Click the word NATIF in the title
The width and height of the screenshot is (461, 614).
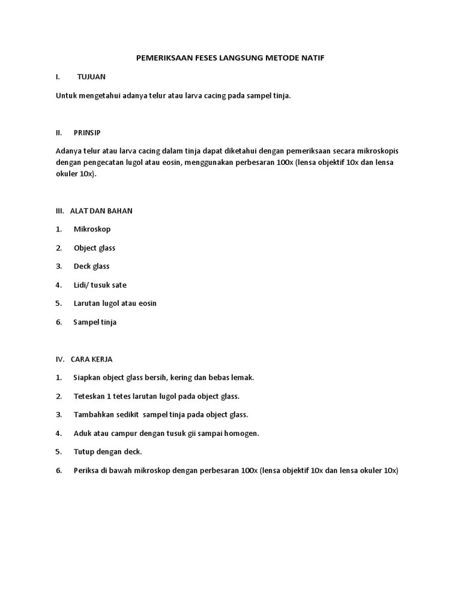click(313, 58)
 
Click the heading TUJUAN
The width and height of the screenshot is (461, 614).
click(91, 77)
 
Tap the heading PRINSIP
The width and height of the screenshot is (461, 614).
click(88, 132)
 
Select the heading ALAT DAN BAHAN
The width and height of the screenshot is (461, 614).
click(101, 210)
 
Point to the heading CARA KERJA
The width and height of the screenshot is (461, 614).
click(91, 359)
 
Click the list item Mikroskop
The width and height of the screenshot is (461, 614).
click(92, 229)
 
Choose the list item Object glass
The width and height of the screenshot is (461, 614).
click(94, 248)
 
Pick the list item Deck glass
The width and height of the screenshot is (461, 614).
click(91, 266)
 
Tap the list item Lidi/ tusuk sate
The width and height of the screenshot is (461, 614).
click(100, 285)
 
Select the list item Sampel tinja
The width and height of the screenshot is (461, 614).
click(95, 322)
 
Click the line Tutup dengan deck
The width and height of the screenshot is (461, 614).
click(107, 452)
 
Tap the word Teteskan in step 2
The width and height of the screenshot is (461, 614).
click(89, 396)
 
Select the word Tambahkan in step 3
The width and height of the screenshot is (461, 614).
click(93, 414)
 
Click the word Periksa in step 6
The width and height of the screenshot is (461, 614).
click(86, 470)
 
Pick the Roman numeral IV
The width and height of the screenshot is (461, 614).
click(59, 359)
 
